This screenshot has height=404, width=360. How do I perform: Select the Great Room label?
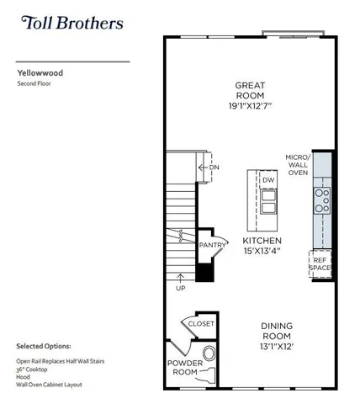251,90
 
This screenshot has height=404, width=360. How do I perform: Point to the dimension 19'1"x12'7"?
251,106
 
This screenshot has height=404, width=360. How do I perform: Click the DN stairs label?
214,167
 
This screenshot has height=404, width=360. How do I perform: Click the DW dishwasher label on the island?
268,181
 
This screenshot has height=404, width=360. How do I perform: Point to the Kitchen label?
261,238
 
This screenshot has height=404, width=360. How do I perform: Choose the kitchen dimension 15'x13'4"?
261,249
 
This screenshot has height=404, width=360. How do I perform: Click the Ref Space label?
320,263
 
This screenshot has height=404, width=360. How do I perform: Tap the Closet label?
201,323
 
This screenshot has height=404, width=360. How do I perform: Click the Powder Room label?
179,367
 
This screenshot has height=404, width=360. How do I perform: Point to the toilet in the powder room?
209,353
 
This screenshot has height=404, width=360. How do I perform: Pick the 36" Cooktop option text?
34,369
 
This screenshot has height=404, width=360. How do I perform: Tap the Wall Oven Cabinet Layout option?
52,389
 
